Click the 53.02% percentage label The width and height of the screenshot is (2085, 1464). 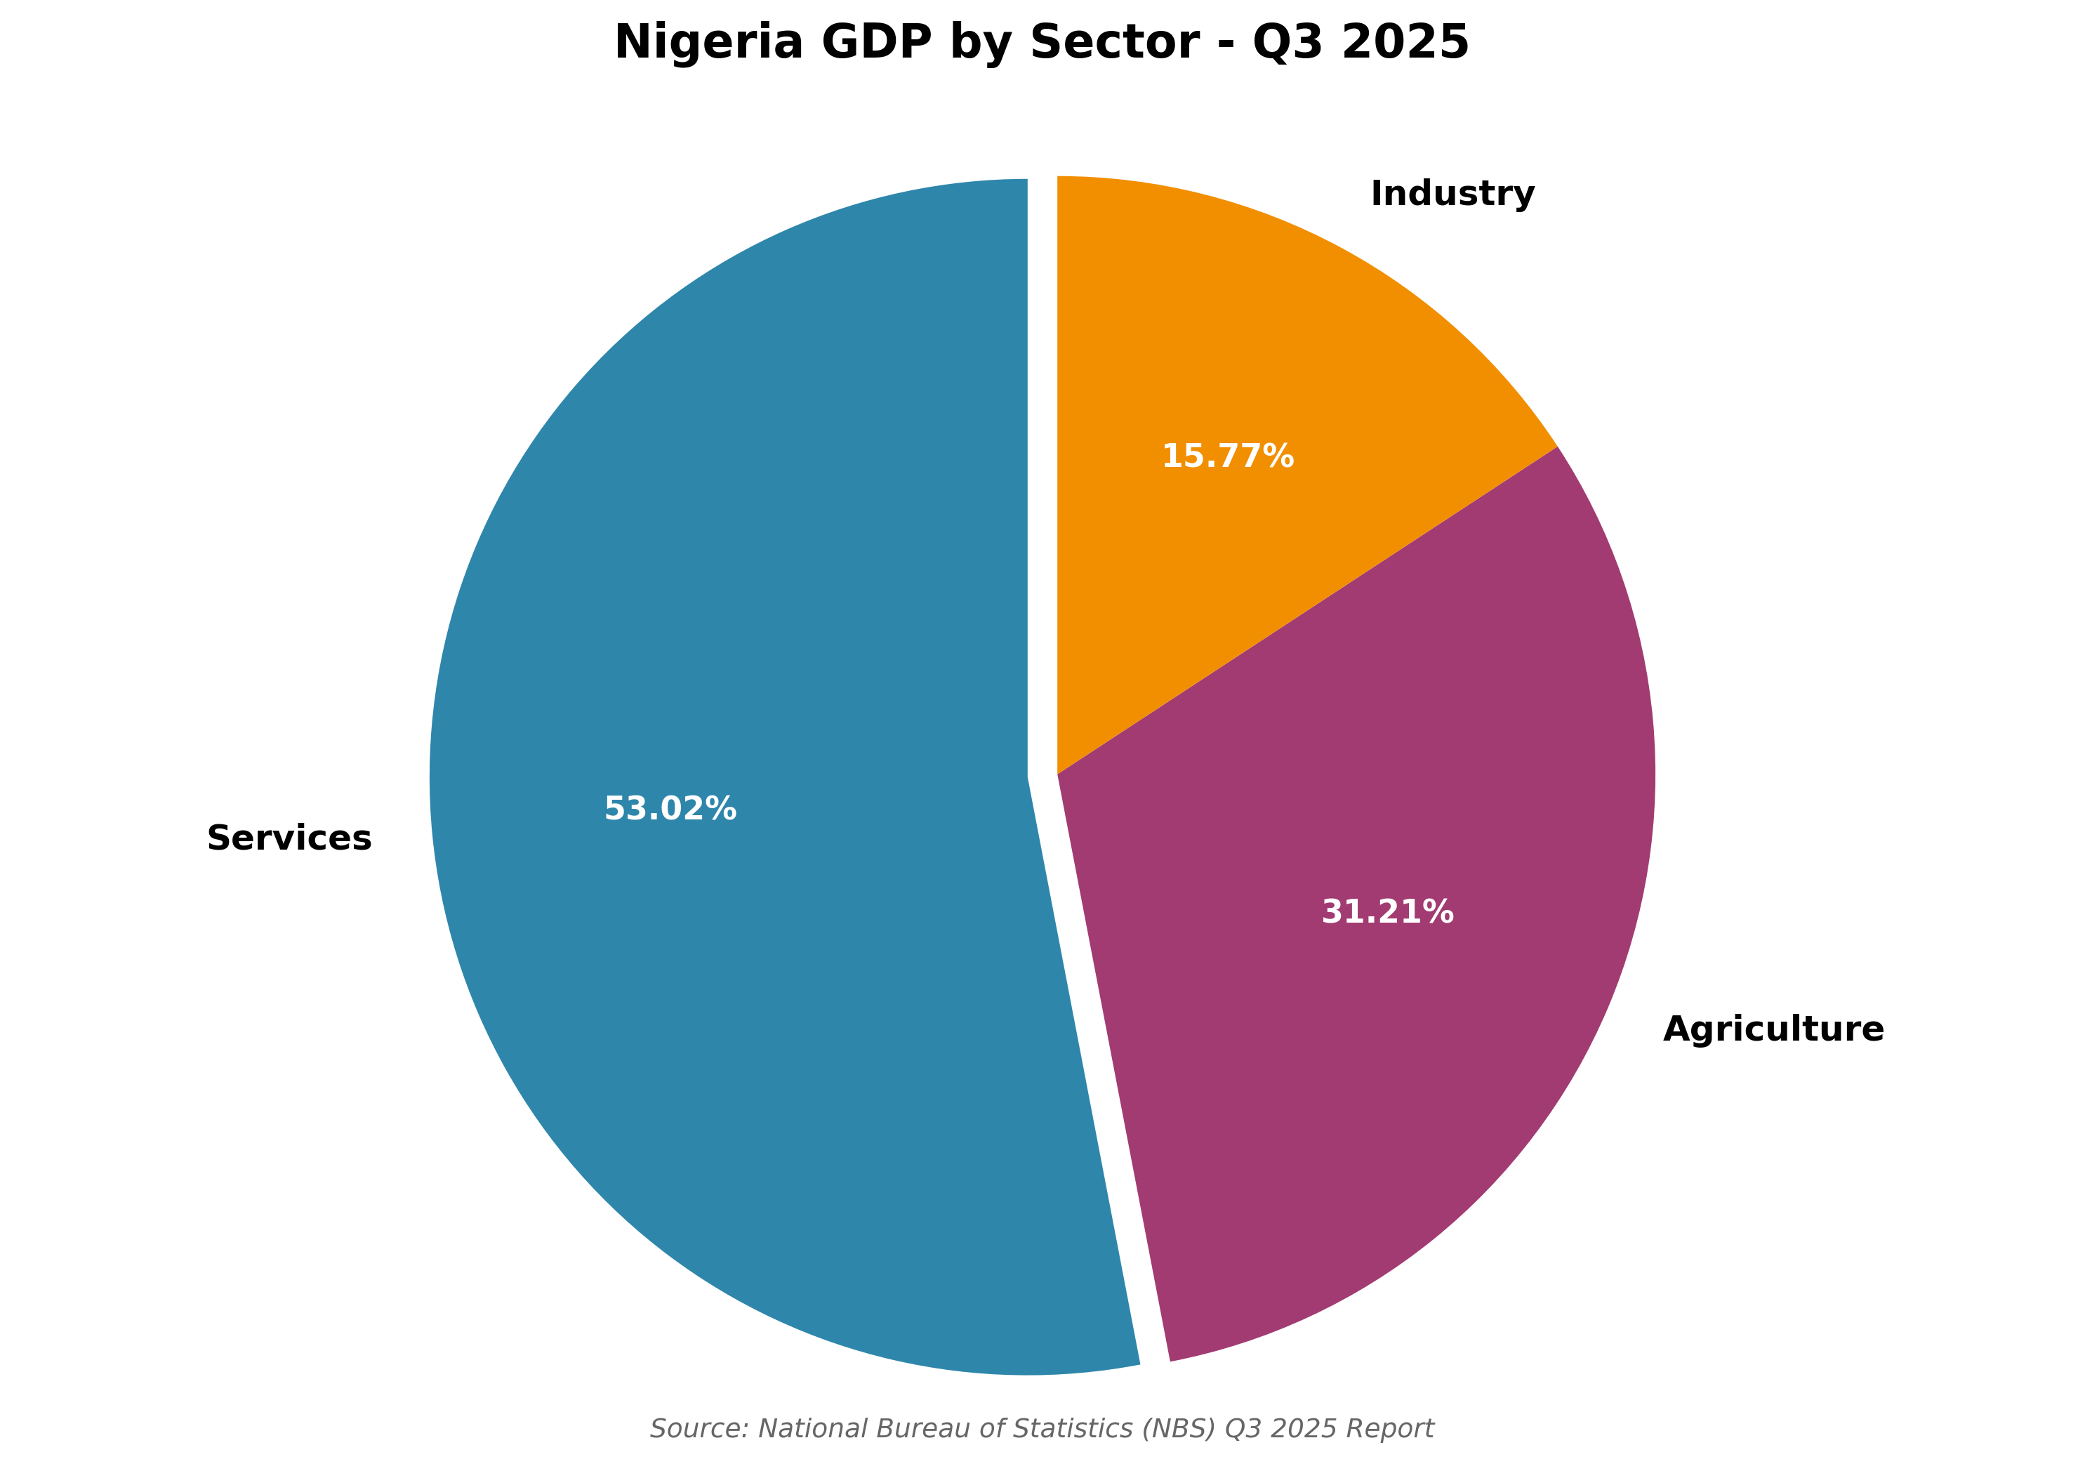(670, 808)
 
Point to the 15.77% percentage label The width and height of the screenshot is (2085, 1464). (1228, 456)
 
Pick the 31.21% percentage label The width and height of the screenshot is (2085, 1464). (1388, 912)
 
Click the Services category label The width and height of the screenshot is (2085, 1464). (289, 838)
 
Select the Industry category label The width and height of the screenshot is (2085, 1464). (1452, 193)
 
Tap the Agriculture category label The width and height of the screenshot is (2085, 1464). (1773, 1029)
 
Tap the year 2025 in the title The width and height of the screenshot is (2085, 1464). (1404, 43)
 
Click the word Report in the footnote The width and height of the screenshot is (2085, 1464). (1389, 1429)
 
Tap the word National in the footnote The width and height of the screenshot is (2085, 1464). (814, 1429)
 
